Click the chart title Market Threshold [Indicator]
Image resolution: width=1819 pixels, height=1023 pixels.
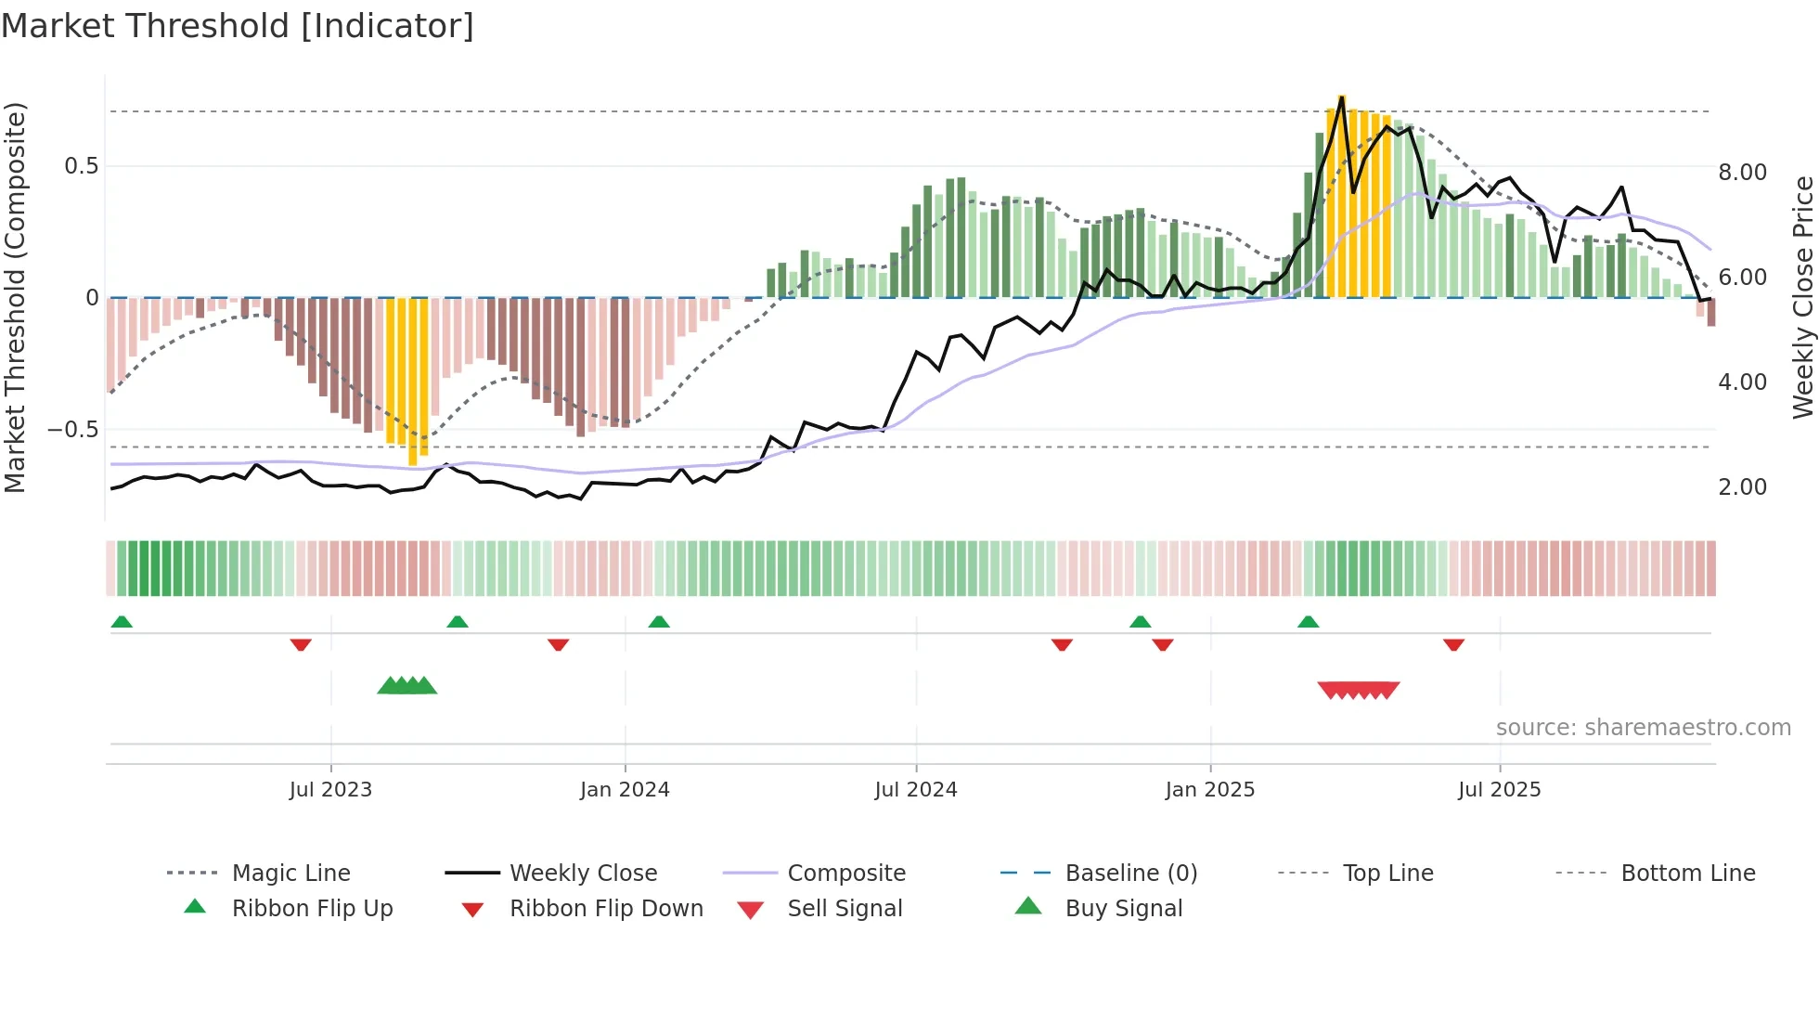(238, 26)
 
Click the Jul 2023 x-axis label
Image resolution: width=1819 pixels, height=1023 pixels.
(330, 790)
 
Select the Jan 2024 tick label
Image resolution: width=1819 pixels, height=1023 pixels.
(625, 790)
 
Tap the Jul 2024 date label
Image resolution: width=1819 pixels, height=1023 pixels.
(915, 790)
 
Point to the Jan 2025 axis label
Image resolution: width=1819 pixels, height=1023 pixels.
(1209, 790)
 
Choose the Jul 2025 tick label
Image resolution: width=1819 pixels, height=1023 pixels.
(1499, 790)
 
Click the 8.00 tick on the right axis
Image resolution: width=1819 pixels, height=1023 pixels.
(1742, 173)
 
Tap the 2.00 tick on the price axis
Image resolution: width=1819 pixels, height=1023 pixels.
(1742, 487)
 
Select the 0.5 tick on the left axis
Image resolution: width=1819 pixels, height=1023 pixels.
(81, 166)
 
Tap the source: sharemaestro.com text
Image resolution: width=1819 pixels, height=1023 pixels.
(1643, 728)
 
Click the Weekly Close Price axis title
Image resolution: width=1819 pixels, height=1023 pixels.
(1802, 297)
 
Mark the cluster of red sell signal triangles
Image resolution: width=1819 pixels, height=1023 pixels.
(1359, 690)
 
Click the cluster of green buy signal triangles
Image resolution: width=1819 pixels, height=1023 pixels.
(406, 686)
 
